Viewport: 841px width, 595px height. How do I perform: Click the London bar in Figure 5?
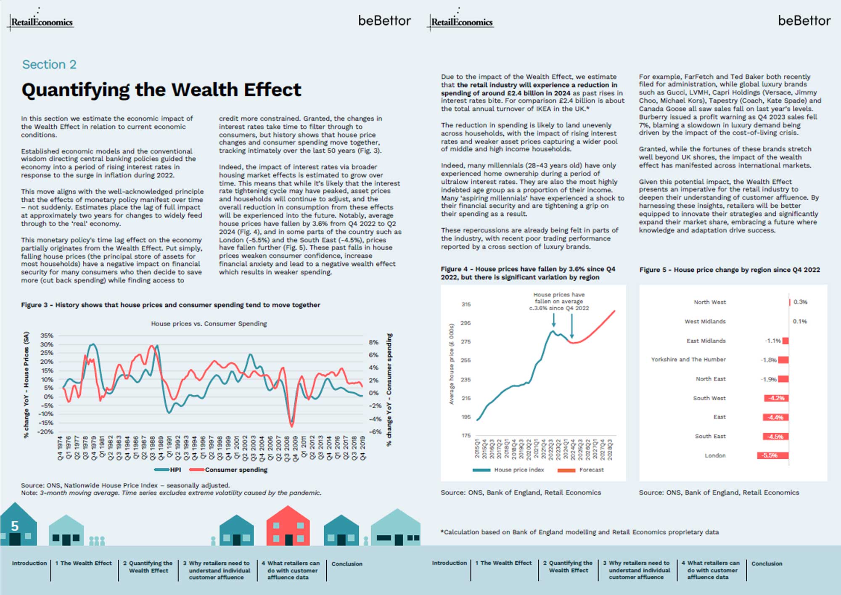(x=773, y=455)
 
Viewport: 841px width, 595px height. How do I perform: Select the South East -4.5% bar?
(x=775, y=436)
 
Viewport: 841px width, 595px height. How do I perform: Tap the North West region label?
(x=709, y=302)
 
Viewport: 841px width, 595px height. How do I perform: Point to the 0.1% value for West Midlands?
(x=800, y=321)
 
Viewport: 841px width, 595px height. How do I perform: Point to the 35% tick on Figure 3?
(x=47, y=336)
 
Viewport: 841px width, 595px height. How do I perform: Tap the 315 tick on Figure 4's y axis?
(x=466, y=304)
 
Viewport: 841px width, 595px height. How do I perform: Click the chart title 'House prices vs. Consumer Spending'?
(x=209, y=323)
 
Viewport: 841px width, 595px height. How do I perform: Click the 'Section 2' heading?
(x=49, y=64)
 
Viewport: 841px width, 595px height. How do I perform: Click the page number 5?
(x=15, y=526)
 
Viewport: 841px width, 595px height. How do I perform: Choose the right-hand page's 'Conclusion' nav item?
(x=767, y=563)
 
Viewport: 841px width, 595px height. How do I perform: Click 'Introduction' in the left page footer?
(x=29, y=563)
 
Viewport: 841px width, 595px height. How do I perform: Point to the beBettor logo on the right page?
(x=804, y=21)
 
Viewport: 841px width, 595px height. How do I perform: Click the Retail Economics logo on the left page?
(x=41, y=22)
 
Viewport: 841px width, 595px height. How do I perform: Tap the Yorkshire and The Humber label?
(x=688, y=360)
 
